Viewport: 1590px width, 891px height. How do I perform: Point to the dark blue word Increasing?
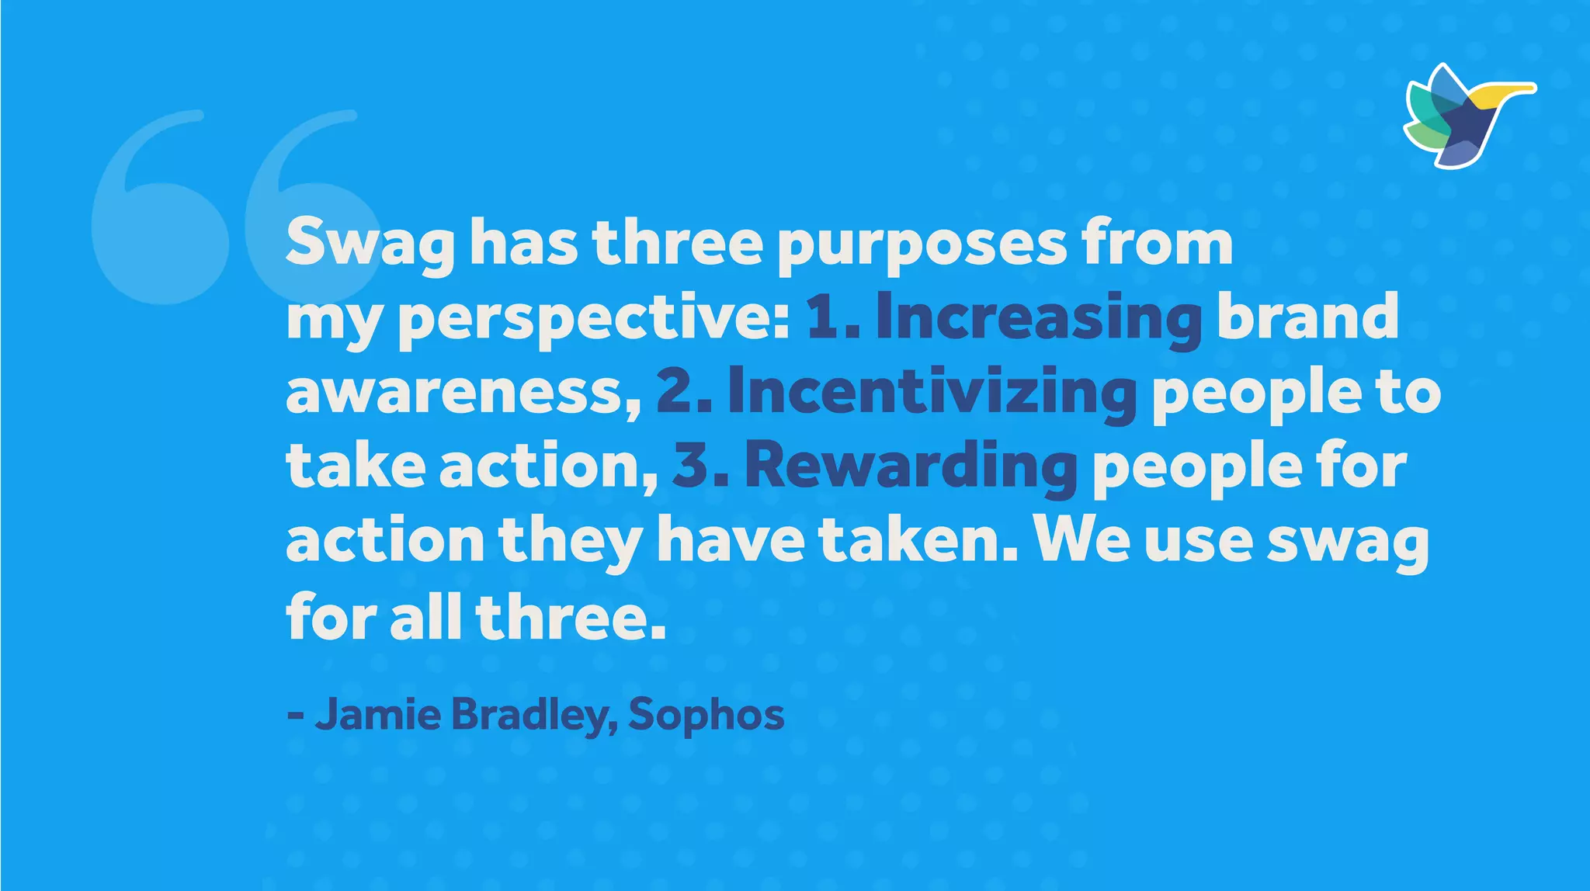point(1039,318)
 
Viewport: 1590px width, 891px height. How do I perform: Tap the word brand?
point(1307,318)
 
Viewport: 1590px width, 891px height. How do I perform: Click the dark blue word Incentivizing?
point(932,392)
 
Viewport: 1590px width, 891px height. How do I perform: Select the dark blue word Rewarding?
point(911,466)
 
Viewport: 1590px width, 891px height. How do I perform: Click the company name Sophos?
point(706,714)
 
